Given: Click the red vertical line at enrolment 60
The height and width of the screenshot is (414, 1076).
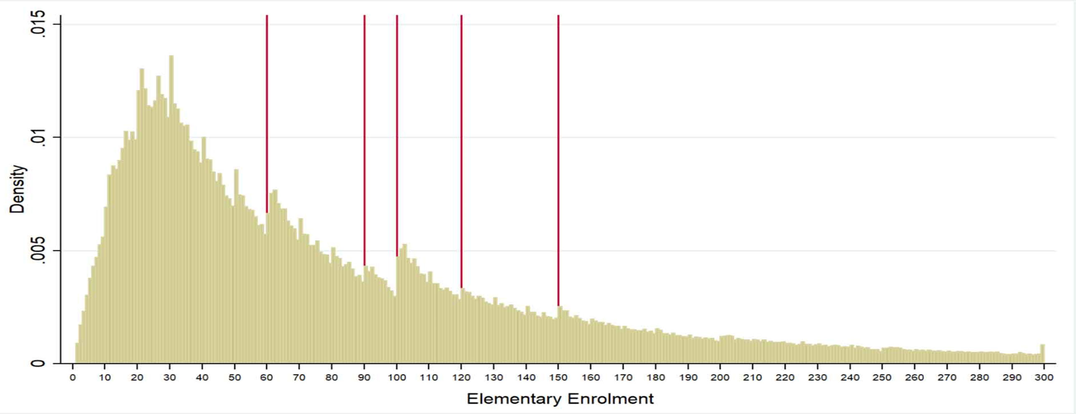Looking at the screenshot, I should pyautogui.click(x=267, y=113).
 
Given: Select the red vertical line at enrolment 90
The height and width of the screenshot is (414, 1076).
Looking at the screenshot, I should pyautogui.click(x=364, y=138).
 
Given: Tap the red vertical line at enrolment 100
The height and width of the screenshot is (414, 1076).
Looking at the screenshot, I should pyautogui.click(x=397, y=134).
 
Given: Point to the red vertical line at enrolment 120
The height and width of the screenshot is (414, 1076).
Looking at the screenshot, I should pyautogui.click(x=461, y=151).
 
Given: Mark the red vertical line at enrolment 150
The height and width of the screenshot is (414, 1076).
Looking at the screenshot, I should pyautogui.click(x=558, y=159).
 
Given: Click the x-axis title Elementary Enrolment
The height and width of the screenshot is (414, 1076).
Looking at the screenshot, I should pyautogui.click(x=560, y=399).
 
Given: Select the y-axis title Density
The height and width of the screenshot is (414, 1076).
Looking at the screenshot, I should pyautogui.click(x=18, y=189).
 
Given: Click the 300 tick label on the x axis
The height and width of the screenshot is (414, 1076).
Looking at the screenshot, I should pyautogui.click(x=1044, y=378).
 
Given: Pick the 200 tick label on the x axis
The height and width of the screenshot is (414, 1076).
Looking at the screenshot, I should pyautogui.click(x=720, y=378).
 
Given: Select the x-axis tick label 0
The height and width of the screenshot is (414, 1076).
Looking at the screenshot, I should pyautogui.click(x=73, y=378).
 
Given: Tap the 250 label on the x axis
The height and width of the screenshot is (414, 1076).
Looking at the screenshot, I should pyautogui.click(x=882, y=378).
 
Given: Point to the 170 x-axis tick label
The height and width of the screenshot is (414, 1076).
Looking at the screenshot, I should pyautogui.click(x=623, y=378).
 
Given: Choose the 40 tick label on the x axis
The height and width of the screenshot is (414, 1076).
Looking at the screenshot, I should pyautogui.click(x=202, y=378).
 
